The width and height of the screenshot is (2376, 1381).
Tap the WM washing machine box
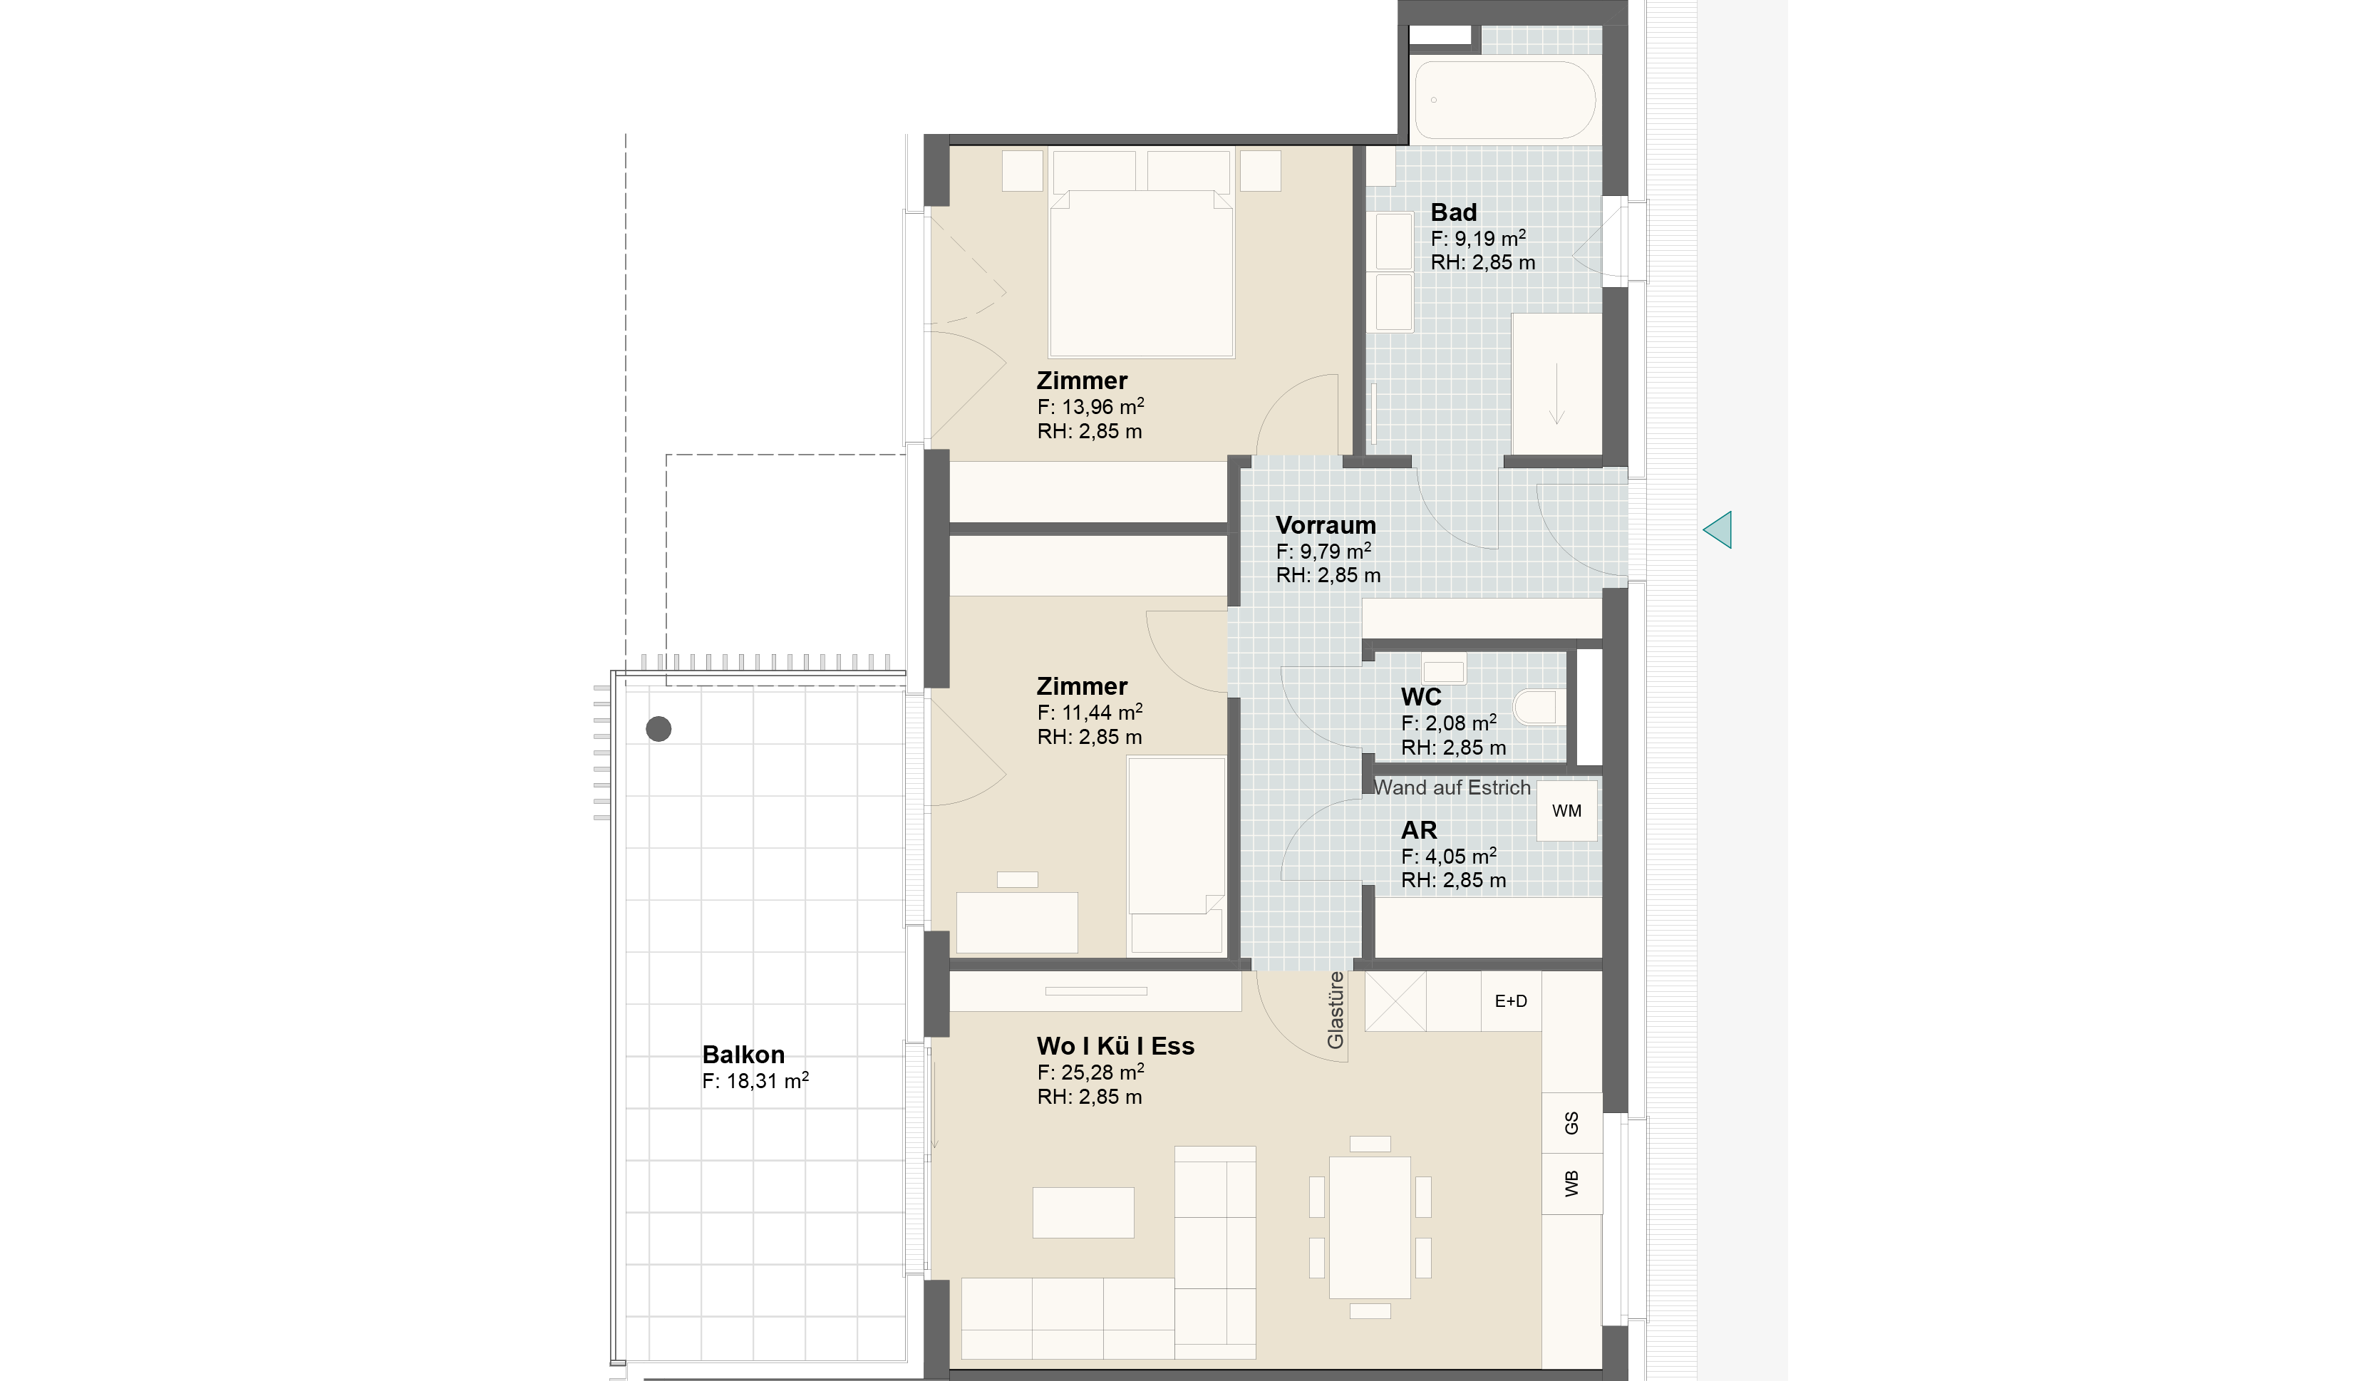[x=1567, y=810]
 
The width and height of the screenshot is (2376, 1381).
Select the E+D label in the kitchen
[x=1510, y=1001]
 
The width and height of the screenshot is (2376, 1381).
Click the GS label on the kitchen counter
[x=1571, y=1123]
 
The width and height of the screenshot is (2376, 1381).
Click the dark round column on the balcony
[x=658, y=729]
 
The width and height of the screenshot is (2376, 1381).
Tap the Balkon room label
[x=743, y=1054]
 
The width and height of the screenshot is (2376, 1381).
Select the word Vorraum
[x=1325, y=525]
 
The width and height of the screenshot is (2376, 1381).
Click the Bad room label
[x=1453, y=212]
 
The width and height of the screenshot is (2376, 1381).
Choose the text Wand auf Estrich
[x=1452, y=787]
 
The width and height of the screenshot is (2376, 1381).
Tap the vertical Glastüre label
[x=1335, y=1010]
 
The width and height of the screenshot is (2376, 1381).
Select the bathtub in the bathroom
[x=1505, y=100]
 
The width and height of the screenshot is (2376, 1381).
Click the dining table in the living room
[x=1370, y=1227]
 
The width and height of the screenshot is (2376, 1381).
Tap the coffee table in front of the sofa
[x=1083, y=1212]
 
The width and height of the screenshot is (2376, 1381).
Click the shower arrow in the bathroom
[x=1556, y=394]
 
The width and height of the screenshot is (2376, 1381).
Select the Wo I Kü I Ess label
[x=1115, y=1045]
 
